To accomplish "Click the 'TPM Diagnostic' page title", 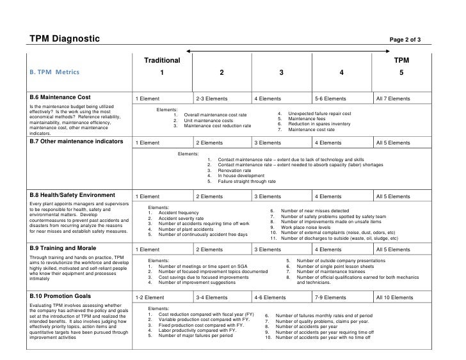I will (65, 40).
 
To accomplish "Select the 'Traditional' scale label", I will (161, 59).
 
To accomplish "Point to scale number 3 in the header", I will (281, 72).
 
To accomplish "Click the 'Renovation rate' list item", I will (234, 170).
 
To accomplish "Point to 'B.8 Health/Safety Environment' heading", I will (72, 194).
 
